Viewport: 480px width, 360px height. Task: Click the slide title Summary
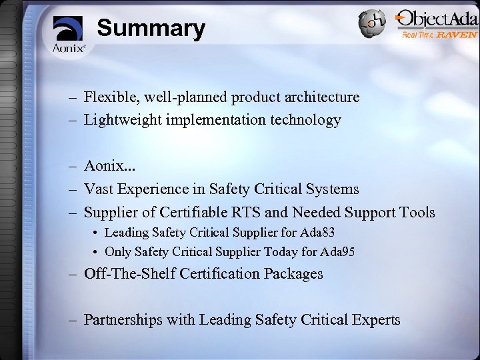pyautogui.click(x=151, y=29)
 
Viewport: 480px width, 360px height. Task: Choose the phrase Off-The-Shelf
pyautogui.click(x=127, y=273)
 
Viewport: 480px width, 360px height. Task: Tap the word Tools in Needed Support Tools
pyautogui.click(x=417, y=212)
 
